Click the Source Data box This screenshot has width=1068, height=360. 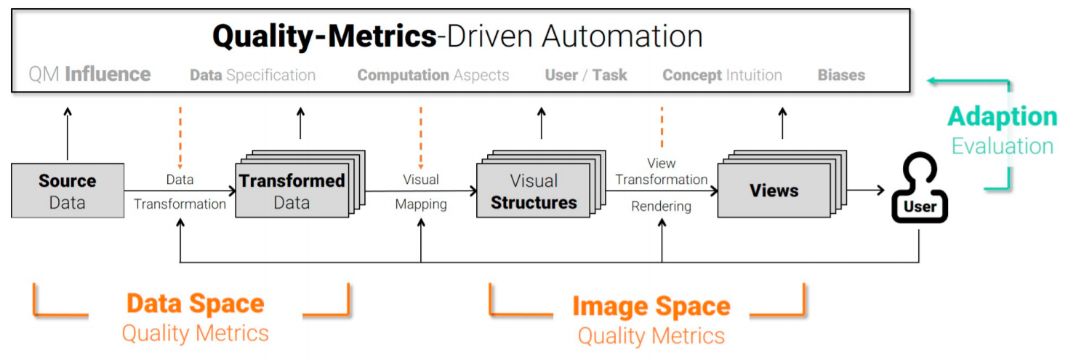tap(68, 191)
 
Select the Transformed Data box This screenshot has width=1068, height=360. tap(292, 191)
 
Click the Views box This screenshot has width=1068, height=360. tap(774, 191)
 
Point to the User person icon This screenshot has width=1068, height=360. tap(919, 191)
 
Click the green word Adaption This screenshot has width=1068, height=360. tap(1002, 116)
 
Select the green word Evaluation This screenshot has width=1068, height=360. tap(1002, 146)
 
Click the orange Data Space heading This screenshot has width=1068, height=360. tap(195, 304)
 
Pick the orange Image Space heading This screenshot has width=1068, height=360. tap(651, 306)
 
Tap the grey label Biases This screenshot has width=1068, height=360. tap(841, 75)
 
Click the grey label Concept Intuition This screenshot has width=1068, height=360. tap(722, 75)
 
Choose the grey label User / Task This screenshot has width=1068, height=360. tap(585, 75)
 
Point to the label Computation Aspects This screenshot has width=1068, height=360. tap(433, 75)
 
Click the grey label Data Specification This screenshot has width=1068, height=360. tap(252, 75)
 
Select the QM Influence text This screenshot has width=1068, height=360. tap(89, 74)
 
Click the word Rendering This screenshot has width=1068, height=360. tap(661, 207)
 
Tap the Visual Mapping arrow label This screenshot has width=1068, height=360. tap(421, 191)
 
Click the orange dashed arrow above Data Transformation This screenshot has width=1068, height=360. tap(180, 137)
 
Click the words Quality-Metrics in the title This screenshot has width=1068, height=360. tap(324, 36)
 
